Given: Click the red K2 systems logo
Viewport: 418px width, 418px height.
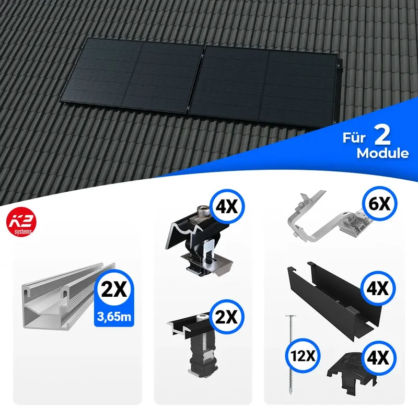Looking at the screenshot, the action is tap(21, 222).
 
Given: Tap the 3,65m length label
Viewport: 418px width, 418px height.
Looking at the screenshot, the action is tap(114, 317).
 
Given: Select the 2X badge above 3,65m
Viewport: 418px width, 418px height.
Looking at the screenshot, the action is tap(114, 289).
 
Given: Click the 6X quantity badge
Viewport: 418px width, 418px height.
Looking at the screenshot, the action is tap(379, 203).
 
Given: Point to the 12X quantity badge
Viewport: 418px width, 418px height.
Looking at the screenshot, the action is tap(303, 356).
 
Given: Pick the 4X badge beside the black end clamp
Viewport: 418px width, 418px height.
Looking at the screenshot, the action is tap(227, 206).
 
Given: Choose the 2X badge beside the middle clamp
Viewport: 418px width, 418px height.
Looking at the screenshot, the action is tap(227, 317).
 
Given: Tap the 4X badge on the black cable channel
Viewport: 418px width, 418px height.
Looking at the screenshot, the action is tap(378, 288).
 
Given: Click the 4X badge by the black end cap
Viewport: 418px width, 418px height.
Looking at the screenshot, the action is tap(378, 358).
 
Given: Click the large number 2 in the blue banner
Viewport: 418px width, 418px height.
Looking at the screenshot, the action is tap(382, 135).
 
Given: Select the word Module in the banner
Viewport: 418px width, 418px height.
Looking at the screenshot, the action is tap(382, 153).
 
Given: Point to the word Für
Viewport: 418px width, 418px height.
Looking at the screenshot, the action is tap(354, 137).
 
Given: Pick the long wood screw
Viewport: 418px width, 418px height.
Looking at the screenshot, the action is tap(291, 355).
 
